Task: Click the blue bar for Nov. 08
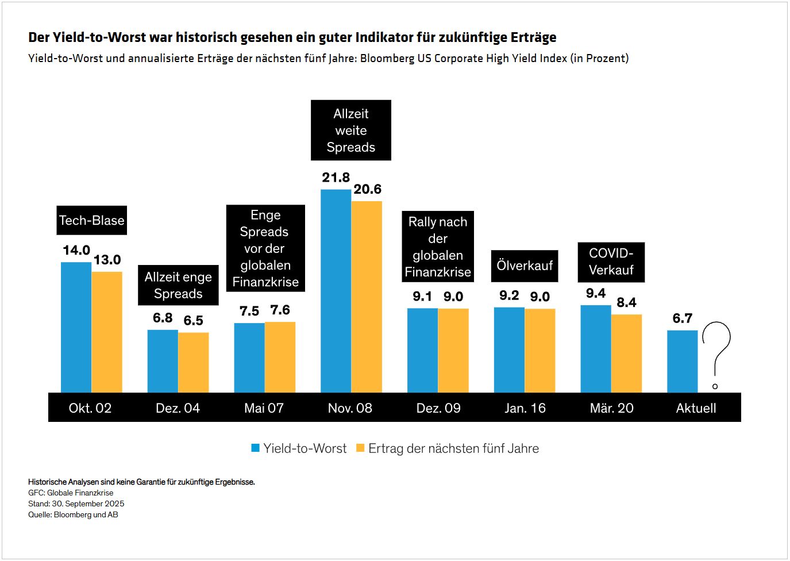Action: (x=336, y=291)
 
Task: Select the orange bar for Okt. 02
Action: (x=107, y=332)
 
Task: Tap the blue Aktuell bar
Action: (x=683, y=362)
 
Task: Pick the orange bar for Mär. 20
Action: (x=626, y=353)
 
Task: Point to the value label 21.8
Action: (x=336, y=178)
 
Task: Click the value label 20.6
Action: (x=367, y=190)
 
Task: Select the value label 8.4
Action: (x=626, y=303)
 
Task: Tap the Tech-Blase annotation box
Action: (x=92, y=221)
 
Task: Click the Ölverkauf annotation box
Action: (x=525, y=266)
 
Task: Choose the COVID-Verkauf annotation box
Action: (x=611, y=262)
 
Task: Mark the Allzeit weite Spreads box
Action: (x=351, y=130)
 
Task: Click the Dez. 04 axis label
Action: (x=178, y=408)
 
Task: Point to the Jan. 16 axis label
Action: (x=525, y=408)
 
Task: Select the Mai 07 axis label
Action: (x=264, y=408)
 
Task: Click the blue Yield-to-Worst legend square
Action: (x=256, y=448)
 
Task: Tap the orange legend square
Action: (x=360, y=448)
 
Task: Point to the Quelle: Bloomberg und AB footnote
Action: (x=73, y=515)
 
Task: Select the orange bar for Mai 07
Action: (x=280, y=357)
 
